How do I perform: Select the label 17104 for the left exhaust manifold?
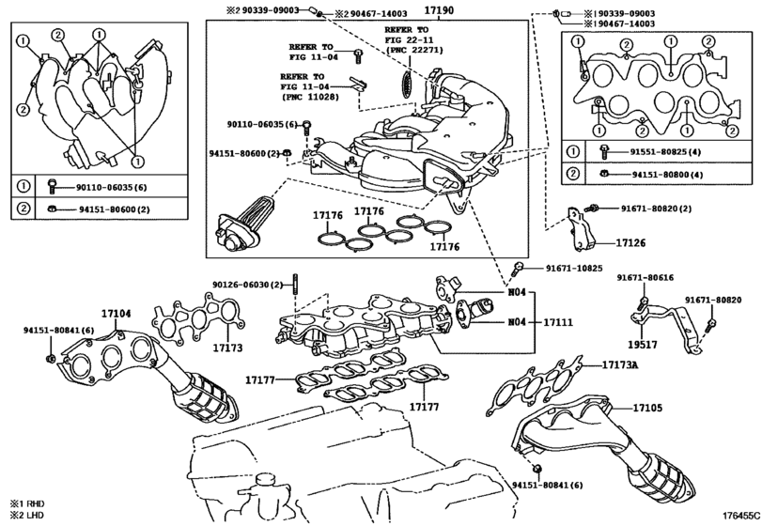click(x=117, y=313)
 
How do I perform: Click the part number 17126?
click(x=630, y=243)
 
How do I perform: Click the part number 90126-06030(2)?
click(x=247, y=285)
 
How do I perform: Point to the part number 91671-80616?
click(x=645, y=278)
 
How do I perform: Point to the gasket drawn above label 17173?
click(x=197, y=317)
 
